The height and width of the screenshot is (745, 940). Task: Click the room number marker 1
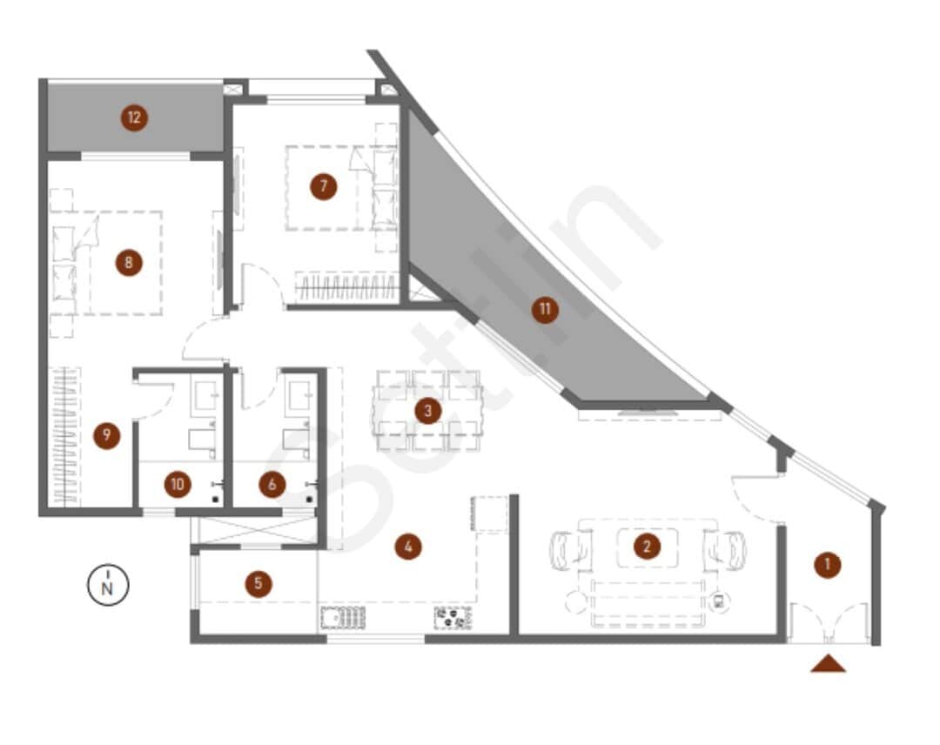coord(827,565)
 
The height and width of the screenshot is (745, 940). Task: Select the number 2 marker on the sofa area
coord(646,547)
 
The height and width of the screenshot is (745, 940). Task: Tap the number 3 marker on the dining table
coord(426,411)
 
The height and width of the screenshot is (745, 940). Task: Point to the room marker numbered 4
coord(407,547)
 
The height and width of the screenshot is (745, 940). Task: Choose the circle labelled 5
coord(258,583)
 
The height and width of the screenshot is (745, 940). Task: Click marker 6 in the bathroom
coord(272,485)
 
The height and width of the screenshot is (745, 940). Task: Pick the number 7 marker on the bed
coord(323,185)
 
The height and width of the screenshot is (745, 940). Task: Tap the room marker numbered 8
coord(129,262)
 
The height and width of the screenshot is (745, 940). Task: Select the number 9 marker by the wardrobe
coord(106,435)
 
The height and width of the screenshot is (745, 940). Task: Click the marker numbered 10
coord(178,485)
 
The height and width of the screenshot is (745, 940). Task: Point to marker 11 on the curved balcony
coord(545,310)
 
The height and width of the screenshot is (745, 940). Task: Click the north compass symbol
coord(107,586)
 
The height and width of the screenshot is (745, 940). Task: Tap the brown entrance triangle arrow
coord(828,664)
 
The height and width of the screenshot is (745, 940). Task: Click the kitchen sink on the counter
coord(343,617)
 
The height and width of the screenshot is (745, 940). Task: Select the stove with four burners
coord(453,617)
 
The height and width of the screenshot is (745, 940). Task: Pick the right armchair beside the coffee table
coord(724,549)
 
